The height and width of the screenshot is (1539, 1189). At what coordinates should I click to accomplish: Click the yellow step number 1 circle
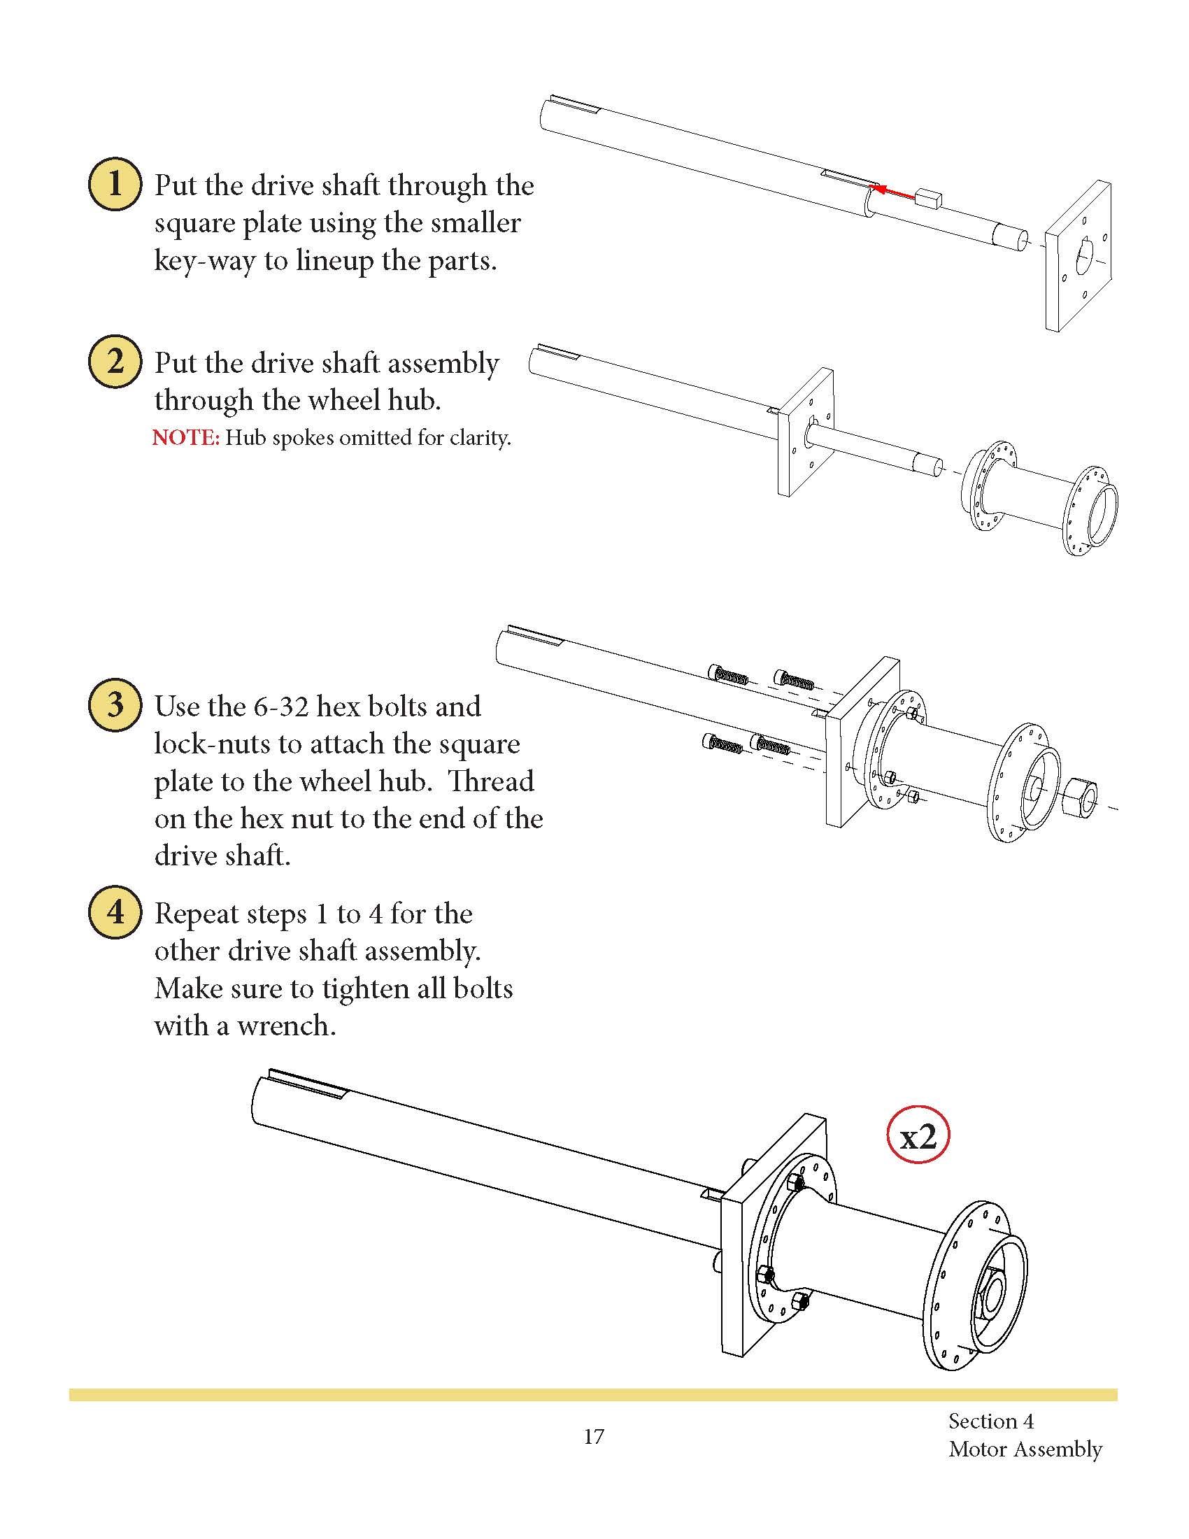click(114, 185)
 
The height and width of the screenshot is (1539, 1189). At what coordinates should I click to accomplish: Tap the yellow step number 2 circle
click(114, 362)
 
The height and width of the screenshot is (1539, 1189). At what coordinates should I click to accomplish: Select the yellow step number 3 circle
click(114, 704)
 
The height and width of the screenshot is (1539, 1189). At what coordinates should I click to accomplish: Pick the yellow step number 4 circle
click(114, 912)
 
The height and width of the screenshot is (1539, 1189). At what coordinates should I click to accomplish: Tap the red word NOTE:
click(186, 439)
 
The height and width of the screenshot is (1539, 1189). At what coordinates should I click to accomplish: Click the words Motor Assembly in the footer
click(1025, 1449)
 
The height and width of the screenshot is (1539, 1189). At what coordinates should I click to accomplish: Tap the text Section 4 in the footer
click(990, 1421)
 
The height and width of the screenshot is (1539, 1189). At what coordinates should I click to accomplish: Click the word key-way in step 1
click(204, 262)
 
